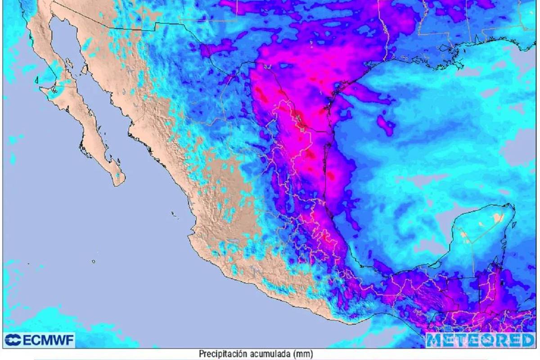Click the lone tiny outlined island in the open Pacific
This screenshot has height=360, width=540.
(x=93, y=261)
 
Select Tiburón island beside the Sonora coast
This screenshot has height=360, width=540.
(x=85, y=69)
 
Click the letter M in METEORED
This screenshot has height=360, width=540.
(x=435, y=340)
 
